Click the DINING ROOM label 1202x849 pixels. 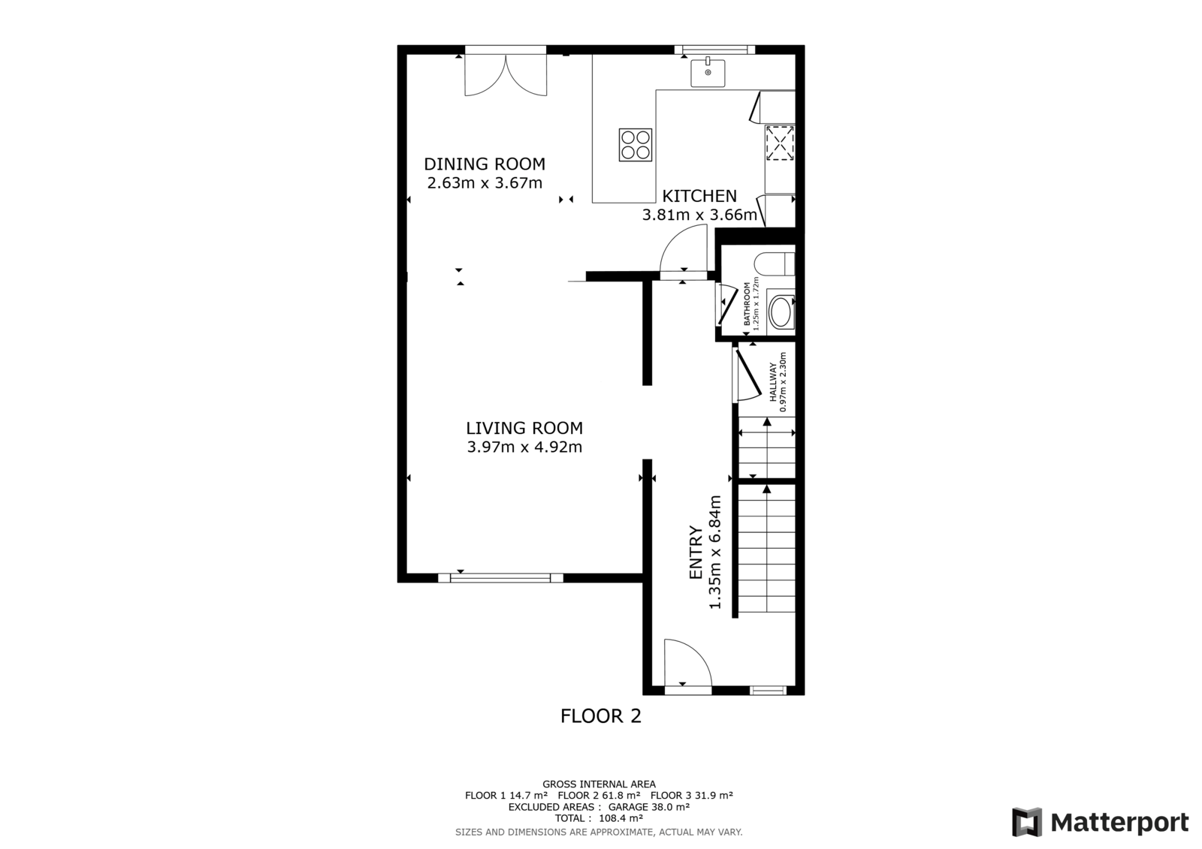click(x=484, y=164)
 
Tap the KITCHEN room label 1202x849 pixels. click(x=699, y=196)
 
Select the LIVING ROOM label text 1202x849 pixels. click(x=524, y=428)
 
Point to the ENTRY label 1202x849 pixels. click(x=696, y=552)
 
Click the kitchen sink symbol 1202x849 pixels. click(x=708, y=73)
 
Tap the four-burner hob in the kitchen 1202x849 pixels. click(x=636, y=145)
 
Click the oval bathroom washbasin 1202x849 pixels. click(x=781, y=312)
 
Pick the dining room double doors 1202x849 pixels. click(x=506, y=75)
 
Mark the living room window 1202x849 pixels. click(x=500, y=577)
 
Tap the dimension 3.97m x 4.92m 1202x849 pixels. click(x=524, y=447)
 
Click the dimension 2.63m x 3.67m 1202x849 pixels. click(x=485, y=183)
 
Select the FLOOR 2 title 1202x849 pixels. click(x=601, y=716)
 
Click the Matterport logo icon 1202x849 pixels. click(x=1027, y=822)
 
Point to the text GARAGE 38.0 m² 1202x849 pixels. click(x=649, y=807)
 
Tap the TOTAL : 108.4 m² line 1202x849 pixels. click(x=599, y=818)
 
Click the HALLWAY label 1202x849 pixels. click(x=773, y=382)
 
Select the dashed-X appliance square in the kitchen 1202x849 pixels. click(x=780, y=143)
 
